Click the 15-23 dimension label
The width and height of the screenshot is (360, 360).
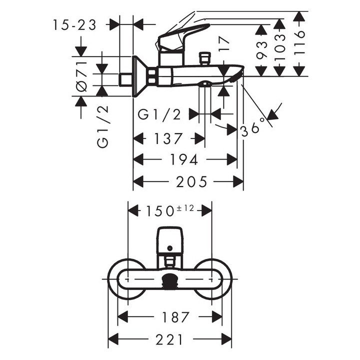click(74, 25)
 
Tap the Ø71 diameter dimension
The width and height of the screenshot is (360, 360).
click(81, 76)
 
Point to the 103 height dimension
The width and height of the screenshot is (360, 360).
click(280, 47)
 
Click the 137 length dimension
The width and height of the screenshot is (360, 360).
click(168, 138)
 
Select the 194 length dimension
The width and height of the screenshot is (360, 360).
click(184, 159)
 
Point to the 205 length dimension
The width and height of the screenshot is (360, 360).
click(191, 181)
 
